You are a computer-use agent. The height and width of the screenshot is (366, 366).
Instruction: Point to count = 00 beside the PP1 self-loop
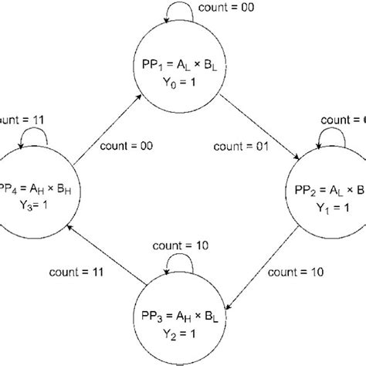click(x=235, y=8)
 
